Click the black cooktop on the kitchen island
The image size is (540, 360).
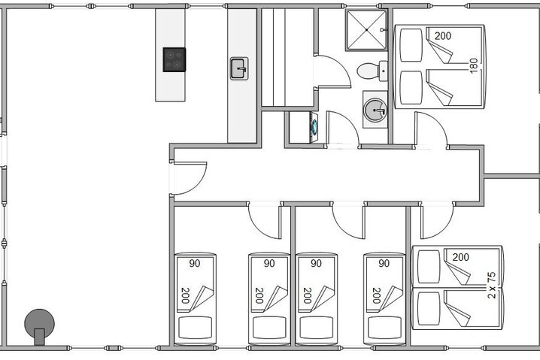tap(174, 59)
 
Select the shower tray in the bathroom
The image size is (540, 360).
tap(366, 30)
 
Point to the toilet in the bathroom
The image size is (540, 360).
tap(369, 71)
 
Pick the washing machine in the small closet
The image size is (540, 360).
tap(302, 126)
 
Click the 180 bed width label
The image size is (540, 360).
tap(473, 64)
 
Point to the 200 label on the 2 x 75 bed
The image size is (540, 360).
tap(460, 257)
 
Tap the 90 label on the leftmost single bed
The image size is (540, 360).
tap(195, 264)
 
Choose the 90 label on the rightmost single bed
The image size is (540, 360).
tap(384, 264)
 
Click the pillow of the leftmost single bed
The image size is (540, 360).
tap(195, 328)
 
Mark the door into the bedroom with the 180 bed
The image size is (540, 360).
tap(430, 129)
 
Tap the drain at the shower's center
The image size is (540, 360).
tap(366, 30)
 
